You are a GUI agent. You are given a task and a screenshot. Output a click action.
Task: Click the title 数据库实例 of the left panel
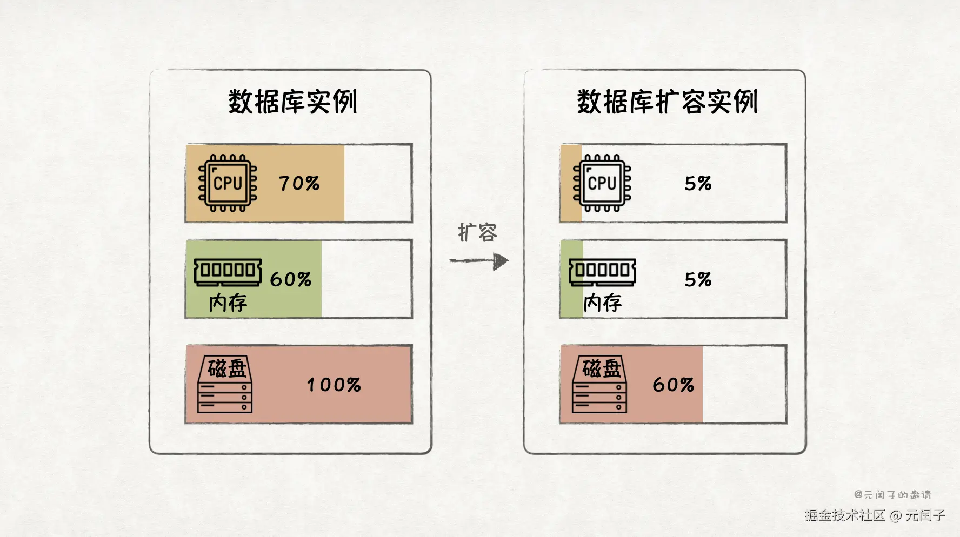[292, 102]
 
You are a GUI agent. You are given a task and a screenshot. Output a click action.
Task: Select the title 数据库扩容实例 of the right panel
[667, 102]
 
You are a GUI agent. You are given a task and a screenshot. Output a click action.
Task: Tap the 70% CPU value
[299, 184]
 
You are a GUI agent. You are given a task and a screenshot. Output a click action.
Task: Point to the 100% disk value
[334, 385]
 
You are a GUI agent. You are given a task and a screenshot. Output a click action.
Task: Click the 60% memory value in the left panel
[291, 279]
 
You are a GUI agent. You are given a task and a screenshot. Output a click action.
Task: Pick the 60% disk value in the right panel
[673, 385]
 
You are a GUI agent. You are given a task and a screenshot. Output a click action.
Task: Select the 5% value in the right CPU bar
[698, 184]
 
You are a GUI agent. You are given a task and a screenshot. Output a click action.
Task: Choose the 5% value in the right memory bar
[698, 279]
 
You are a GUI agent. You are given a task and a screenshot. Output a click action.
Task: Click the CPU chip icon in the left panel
[228, 183]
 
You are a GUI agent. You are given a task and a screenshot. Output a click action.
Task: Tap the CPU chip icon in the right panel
[602, 183]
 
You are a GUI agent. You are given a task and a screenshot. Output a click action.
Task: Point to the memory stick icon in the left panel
[228, 271]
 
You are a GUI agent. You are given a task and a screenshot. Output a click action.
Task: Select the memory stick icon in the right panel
[602, 271]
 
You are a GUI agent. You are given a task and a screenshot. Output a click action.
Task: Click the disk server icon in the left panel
[225, 385]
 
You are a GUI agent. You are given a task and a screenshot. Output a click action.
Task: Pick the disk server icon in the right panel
[599, 385]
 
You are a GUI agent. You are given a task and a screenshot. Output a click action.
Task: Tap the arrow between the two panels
[479, 261]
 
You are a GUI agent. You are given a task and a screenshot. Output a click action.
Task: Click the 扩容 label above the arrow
[477, 232]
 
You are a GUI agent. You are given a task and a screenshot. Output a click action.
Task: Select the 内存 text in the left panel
[228, 303]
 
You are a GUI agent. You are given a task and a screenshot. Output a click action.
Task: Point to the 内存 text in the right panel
[603, 303]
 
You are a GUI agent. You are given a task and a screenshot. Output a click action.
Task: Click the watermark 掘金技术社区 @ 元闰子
[875, 515]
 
